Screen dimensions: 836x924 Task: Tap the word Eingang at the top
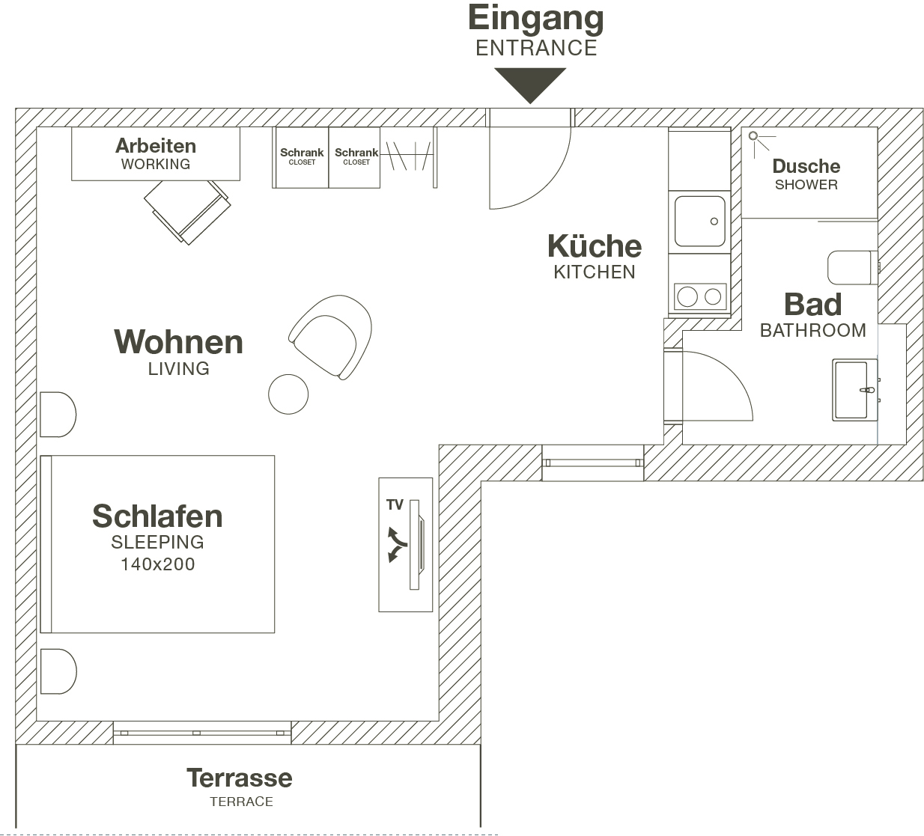535,19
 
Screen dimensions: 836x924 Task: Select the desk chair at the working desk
187,210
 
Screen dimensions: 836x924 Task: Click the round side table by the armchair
288,394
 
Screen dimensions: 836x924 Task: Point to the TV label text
395,505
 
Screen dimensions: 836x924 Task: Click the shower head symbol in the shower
754,136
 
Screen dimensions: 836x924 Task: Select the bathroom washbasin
854,390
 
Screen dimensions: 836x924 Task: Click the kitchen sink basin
699,221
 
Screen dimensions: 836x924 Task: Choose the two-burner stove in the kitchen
699,296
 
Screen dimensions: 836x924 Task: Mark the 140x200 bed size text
157,564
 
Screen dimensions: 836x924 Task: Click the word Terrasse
240,778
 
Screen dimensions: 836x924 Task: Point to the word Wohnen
178,343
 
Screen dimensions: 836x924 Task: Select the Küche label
595,247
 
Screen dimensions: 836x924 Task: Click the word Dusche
806,166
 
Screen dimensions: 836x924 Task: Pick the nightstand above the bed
57,414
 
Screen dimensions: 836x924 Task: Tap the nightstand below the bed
57,671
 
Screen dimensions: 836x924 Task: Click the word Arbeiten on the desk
156,146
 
